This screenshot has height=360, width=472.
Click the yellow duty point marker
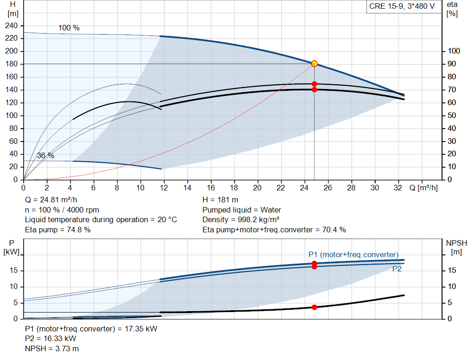tap(314, 64)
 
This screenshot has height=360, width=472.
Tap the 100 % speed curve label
tap(69, 28)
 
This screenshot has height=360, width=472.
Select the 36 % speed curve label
tap(46, 156)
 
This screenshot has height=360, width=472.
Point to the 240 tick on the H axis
tap(12, 26)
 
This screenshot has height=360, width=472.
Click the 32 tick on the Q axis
tap(398, 188)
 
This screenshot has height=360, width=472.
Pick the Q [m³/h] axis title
tap(424, 188)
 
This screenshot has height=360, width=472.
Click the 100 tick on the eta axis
tap(454, 51)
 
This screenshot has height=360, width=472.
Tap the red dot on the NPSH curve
tap(314, 307)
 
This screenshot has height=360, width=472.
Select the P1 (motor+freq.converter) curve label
tap(354, 254)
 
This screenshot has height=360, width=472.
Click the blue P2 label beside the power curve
tap(397, 269)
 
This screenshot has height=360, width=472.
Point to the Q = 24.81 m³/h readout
tap(51, 200)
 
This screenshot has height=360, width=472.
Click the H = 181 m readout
tap(220, 200)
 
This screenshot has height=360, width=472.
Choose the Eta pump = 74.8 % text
tap(58, 230)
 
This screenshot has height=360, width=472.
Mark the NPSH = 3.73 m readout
tap(52, 348)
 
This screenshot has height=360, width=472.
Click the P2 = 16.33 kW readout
tap(51, 339)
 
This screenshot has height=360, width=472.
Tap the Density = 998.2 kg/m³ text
tap(241, 220)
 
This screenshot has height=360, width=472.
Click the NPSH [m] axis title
tap(456, 248)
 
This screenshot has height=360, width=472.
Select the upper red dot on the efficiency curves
tap(314, 84)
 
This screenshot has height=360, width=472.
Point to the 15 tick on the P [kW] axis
tap(13, 271)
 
